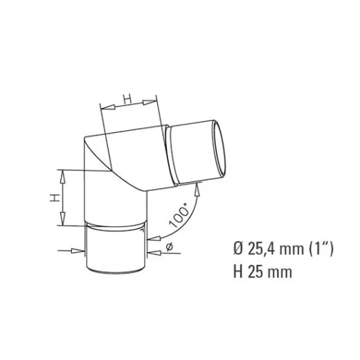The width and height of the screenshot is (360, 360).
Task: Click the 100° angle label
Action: click(179, 215)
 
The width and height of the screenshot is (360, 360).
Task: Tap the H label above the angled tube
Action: click(127, 98)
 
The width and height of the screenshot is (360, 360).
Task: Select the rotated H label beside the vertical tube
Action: click(55, 198)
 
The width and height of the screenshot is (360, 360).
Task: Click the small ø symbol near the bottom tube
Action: click(169, 247)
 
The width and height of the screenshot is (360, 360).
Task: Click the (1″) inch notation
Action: click(321, 249)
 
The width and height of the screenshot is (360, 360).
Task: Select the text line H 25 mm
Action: click(262, 271)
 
